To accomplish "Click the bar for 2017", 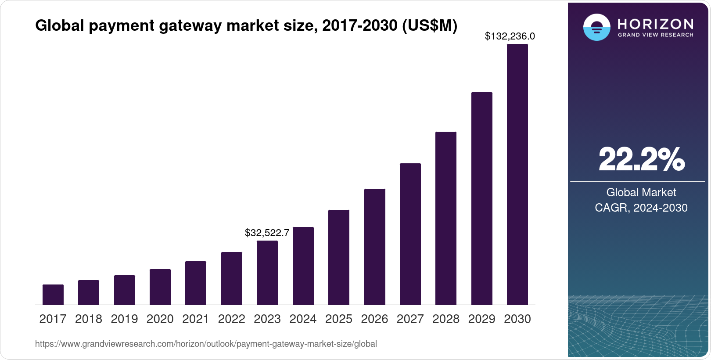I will [53, 295].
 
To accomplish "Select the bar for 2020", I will [160, 287].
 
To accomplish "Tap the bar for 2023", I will [267, 273].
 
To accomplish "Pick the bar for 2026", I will [375, 247].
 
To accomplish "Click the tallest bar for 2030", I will [517, 174].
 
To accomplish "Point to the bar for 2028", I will [446, 218].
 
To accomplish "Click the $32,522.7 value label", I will [267, 233].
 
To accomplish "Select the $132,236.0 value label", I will [510, 36].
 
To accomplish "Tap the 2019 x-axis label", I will [124, 319].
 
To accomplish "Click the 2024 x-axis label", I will [303, 319].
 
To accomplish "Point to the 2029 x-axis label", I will [481, 319].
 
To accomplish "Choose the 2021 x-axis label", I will [196, 319].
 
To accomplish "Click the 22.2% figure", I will [641, 160].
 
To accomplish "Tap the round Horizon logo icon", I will [596, 27].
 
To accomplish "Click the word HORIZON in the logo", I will [655, 24].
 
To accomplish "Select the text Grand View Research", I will [655, 35].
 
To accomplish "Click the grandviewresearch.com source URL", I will [206, 344].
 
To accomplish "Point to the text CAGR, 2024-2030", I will [641, 208].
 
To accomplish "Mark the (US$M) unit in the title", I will [429, 26].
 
